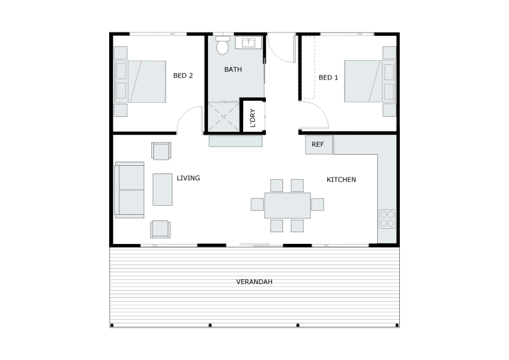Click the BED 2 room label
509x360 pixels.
click(x=183, y=76)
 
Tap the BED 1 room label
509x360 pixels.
click(x=328, y=77)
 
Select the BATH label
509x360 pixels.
click(x=233, y=70)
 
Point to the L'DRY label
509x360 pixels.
click(x=253, y=118)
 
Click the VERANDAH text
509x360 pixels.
click(x=254, y=282)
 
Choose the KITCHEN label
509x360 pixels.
click(x=341, y=180)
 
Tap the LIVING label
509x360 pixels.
click(x=189, y=178)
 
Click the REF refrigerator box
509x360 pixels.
click(x=319, y=144)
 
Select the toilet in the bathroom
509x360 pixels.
click(x=222, y=45)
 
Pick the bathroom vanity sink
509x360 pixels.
click(x=249, y=43)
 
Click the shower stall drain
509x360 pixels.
click(x=224, y=117)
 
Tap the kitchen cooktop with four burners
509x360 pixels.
click(x=387, y=218)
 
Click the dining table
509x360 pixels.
click(x=287, y=205)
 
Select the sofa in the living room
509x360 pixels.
click(x=129, y=190)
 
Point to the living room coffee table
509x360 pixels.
click(x=162, y=189)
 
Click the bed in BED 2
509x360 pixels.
click(x=140, y=82)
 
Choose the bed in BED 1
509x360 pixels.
click(x=370, y=82)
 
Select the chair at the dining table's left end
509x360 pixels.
click(x=257, y=205)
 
